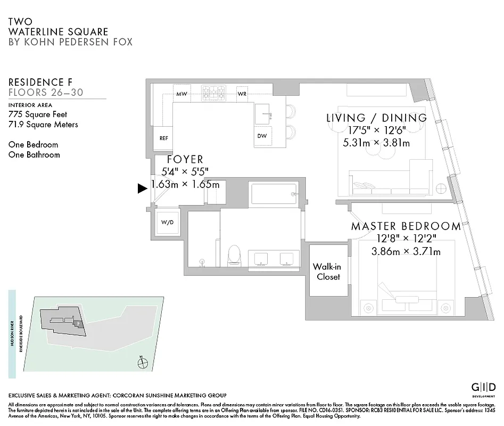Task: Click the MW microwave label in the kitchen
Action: pyautogui.click(x=182, y=94)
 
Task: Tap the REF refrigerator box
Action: pyautogui.click(x=164, y=137)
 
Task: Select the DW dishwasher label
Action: pyautogui.click(x=262, y=136)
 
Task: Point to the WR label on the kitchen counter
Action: pyautogui.click(x=242, y=94)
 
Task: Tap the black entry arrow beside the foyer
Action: pyautogui.click(x=142, y=188)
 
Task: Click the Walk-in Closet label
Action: pyautogui.click(x=326, y=271)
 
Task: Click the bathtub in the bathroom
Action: pyautogui.click(x=272, y=194)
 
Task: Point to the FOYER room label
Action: pyautogui.click(x=185, y=159)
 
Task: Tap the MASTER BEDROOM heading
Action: pyautogui.click(x=406, y=226)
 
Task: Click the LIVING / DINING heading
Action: pyautogui.click(x=376, y=118)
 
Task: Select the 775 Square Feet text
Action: pyautogui.click(x=38, y=114)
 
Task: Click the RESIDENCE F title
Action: pyautogui.click(x=40, y=82)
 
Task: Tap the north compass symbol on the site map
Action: pyautogui.click(x=142, y=363)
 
